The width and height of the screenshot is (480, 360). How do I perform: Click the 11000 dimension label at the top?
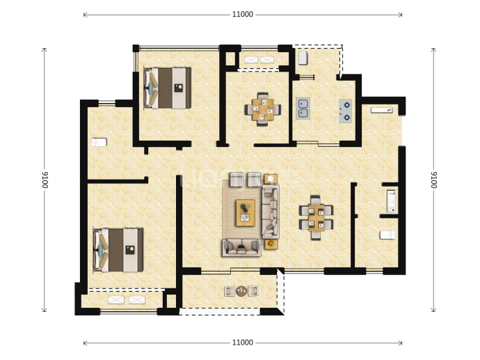tap(243, 15)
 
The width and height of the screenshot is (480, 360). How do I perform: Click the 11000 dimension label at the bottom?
tap(243, 343)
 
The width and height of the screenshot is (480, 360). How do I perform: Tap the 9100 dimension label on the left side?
tap(45, 180)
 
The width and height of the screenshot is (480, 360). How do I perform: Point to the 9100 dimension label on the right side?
tap(434, 180)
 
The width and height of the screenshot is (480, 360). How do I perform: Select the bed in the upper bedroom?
tap(167, 88)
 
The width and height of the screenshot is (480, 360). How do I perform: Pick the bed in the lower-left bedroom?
tap(118, 250)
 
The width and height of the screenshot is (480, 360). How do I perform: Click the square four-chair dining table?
tap(263, 109)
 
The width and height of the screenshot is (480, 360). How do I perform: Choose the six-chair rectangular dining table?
tap(316, 217)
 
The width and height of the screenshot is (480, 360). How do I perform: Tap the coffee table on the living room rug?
tap(245, 212)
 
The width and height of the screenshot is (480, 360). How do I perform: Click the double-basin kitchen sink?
tap(303, 109)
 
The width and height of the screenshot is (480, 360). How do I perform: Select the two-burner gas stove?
tap(345, 111)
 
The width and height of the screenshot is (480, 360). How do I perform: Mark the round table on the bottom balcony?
tap(241, 291)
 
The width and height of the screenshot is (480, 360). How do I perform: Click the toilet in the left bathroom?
tap(99, 142)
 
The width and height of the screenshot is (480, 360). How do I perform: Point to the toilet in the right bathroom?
tap(387, 235)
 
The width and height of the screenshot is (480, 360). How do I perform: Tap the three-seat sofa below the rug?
tap(241, 247)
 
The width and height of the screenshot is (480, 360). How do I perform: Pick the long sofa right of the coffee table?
tap(271, 212)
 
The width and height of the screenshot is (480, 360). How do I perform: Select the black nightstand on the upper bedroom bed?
tap(179, 88)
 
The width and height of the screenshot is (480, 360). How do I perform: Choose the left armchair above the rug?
tap(237, 180)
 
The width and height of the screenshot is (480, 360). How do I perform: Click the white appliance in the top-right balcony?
tap(303, 58)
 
